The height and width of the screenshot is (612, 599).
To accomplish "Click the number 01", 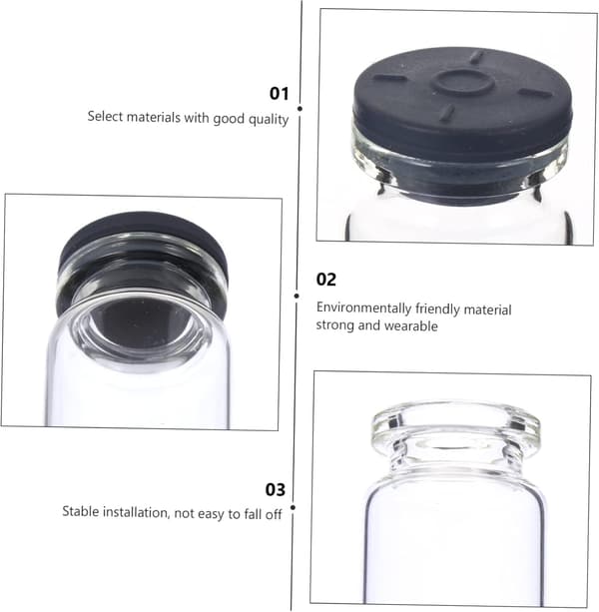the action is pyautogui.click(x=279, y=94).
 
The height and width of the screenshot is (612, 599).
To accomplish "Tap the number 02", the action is pyautogui.click(x=326, y=280).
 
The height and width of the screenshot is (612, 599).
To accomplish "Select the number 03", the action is pyautogui.click(x=276, y=489).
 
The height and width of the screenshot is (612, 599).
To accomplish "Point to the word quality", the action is pyautogui.click(x=269, y=120).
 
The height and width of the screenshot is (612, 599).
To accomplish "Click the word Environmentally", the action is pyautogui.click(x=363, y=308).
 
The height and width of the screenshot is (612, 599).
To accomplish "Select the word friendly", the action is pyautogui.click(x=437, y=309).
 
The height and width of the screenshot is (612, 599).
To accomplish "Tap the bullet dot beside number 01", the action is pyautogui.click(x=299, y=109).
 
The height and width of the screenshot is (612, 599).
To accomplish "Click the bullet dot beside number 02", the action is pyautogui.click(x=297, y=297).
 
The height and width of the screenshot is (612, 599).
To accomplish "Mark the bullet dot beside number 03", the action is pyautogui.click(x=294, y=507).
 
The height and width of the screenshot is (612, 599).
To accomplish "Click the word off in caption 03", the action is pyautogui.click(x=274, y=515).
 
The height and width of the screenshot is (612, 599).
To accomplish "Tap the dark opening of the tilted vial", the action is pyautogui.click(x=143, y=321).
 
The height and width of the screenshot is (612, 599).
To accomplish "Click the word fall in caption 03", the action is pyautogui.click(x=253, y=514).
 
